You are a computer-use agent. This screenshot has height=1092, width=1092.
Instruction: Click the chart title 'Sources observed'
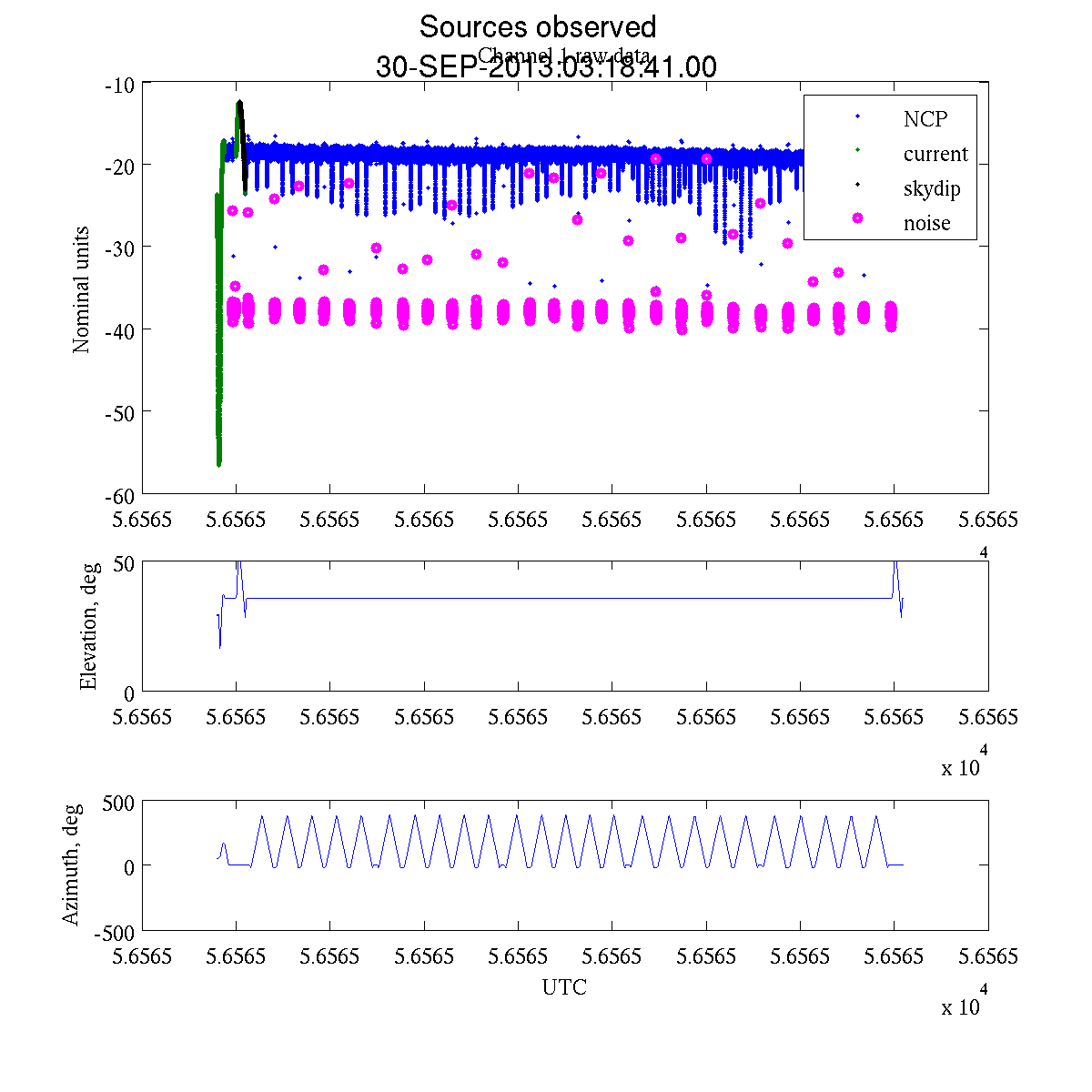pos(537,26)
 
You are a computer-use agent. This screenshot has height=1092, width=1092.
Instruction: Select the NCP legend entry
pos(925,119)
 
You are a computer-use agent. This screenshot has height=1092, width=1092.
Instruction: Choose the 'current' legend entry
pos(935,154)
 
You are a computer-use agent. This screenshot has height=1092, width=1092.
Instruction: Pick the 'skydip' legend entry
pos(931,188)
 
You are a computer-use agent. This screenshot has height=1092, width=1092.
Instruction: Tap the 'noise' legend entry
pos(926,223)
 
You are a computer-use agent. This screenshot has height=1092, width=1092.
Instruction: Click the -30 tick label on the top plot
pos(119,248)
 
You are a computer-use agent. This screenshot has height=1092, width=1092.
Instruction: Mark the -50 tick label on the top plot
pos(119,412)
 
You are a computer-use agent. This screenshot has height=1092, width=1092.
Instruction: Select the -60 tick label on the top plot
pos(119,495)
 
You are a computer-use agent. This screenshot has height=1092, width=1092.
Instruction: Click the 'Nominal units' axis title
pos(82,289)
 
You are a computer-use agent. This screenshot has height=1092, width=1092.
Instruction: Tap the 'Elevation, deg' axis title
pos(88,628)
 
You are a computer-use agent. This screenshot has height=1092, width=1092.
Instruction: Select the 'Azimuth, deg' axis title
pos(71,864)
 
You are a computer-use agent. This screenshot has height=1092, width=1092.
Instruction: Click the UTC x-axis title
pos(564,987)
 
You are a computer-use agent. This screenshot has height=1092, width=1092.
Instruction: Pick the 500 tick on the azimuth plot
pos(118,802)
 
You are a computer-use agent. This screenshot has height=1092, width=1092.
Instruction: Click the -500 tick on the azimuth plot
pos(115,932)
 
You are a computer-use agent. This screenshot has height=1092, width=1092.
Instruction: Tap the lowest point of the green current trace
pos(219,464)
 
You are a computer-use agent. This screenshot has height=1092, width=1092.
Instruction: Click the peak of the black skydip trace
pos(239,102)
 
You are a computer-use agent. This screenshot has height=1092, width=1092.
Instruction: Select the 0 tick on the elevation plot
pos(129,693)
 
